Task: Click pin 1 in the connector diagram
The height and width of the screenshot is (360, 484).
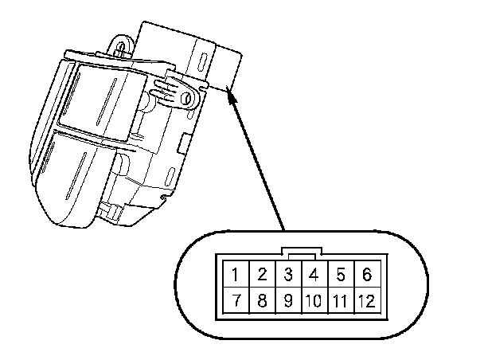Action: point(236,276)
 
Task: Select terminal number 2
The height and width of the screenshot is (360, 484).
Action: point(261,276)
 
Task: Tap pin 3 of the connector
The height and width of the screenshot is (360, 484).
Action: point(288,276)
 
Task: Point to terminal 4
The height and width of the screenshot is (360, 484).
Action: point(314,276)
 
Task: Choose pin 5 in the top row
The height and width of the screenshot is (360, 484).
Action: point(340,276)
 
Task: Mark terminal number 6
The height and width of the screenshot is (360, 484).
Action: point(366,276)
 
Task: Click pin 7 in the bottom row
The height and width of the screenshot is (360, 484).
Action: point(236,302)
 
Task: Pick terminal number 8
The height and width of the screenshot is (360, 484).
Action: point(261,302)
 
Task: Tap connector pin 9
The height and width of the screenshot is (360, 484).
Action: point(288,302)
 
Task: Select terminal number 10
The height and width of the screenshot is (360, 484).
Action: point(314,302)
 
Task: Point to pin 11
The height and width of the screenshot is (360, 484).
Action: point(340,302)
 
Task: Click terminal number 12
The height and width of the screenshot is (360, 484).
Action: point(366,302)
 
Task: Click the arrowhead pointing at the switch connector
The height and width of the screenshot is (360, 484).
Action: point(232,95)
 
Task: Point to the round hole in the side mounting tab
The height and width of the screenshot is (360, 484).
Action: point(188,98)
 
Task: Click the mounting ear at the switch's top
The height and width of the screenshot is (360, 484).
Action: point(121,43)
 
